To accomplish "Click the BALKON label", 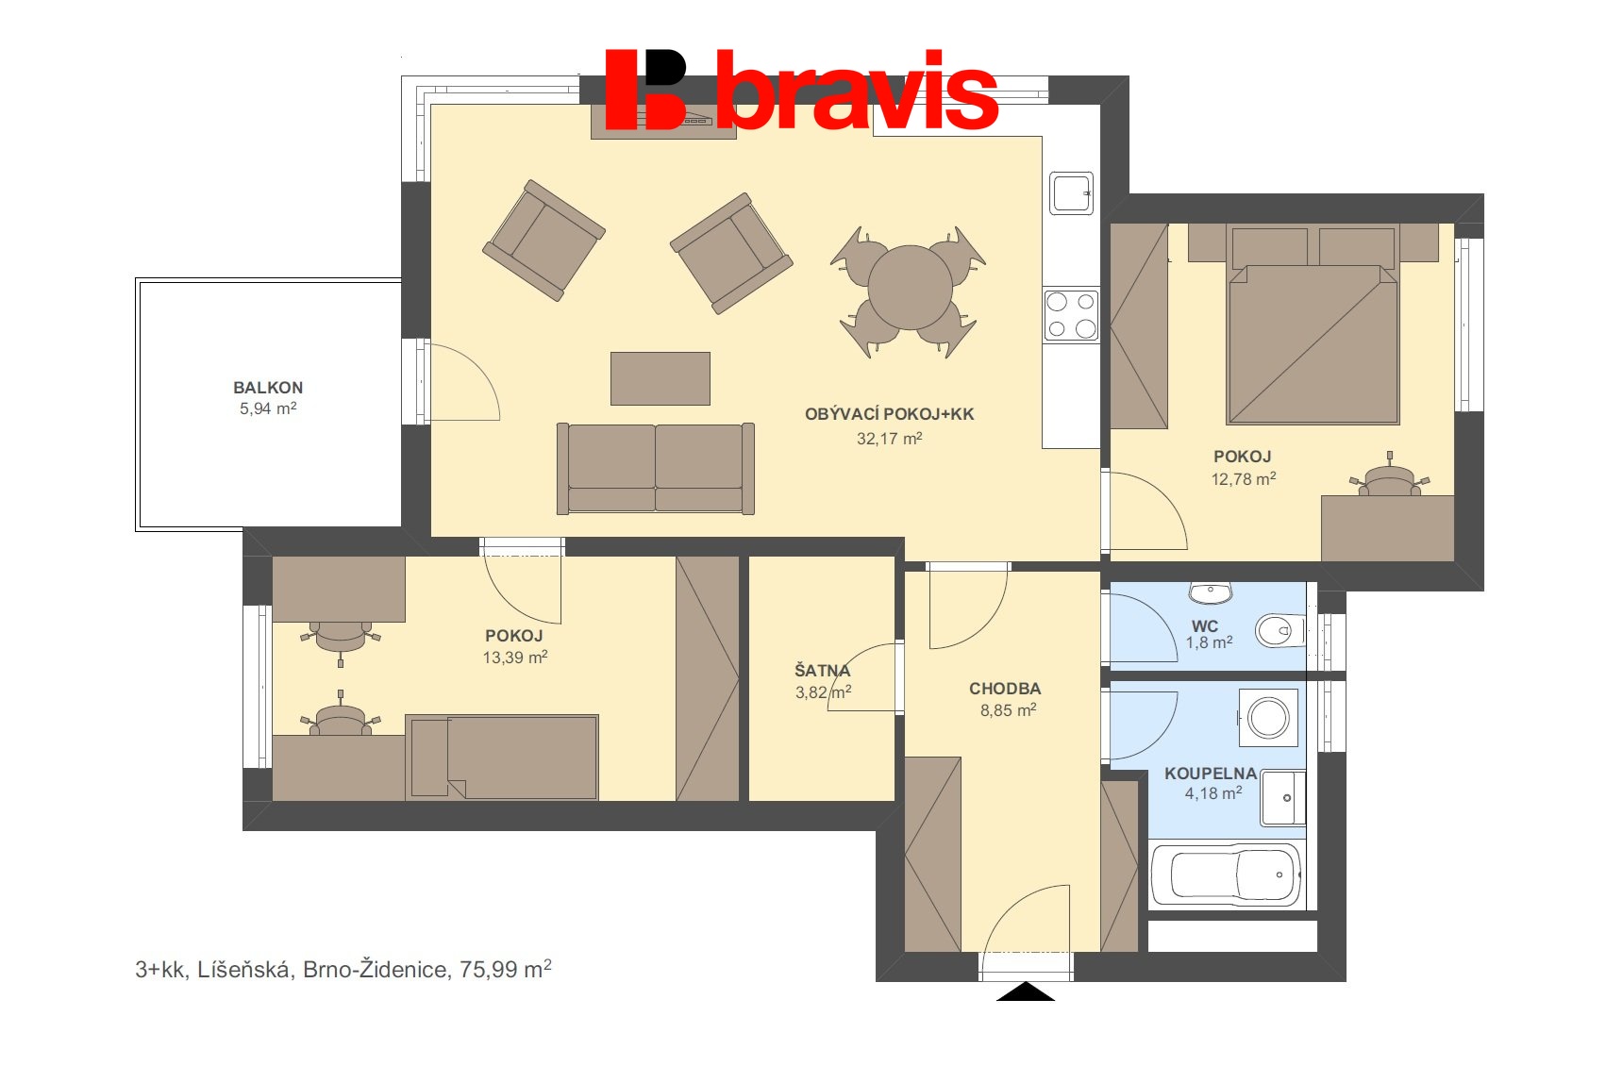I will (268, 388).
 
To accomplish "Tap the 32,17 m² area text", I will (889, 439).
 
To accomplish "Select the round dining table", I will (910, 288).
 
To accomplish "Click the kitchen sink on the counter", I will (1071, 192).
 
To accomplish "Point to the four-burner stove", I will (1071, 315).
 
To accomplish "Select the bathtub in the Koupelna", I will (1225, 875).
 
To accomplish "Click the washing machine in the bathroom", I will (1268, 718).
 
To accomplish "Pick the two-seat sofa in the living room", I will (656, 468).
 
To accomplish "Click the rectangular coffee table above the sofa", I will (660, 378).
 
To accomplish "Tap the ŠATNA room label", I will (822, 671).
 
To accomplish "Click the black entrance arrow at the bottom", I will (1025, 991).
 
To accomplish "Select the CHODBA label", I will (1005, 689).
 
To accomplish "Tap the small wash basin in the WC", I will (1210, 592).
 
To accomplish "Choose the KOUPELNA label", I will (1210, 774).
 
